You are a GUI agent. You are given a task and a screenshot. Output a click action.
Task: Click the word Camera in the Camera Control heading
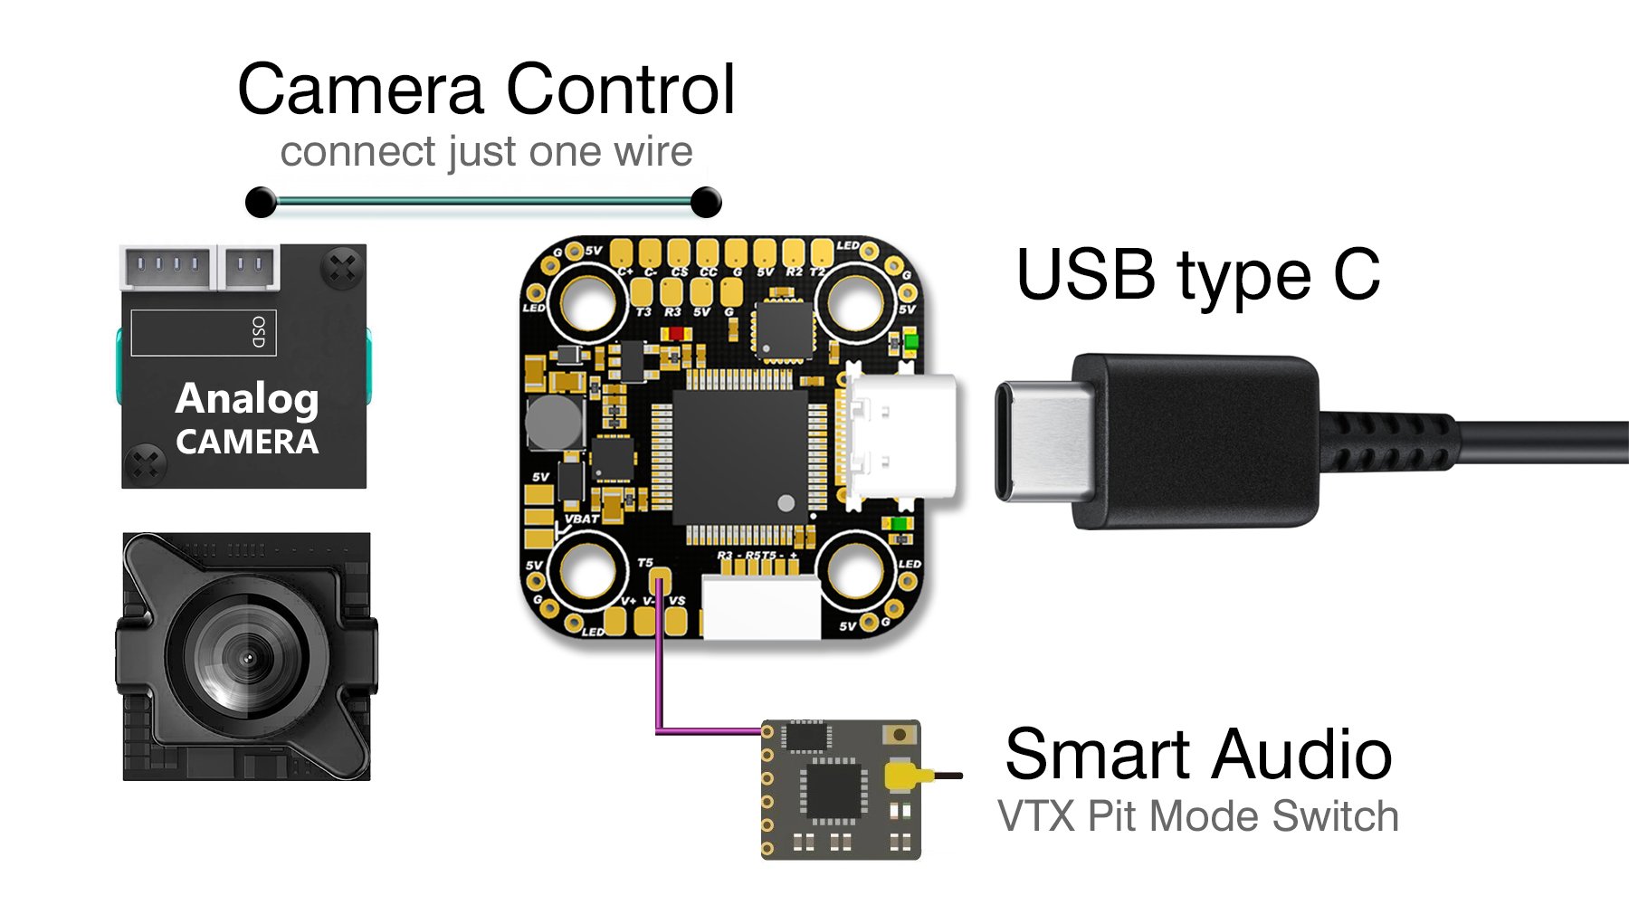[x=361, y=90]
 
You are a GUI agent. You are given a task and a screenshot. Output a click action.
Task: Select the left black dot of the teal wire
[x=262, y=202]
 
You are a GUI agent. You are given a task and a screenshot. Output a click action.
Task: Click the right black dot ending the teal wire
[x=705, y=202]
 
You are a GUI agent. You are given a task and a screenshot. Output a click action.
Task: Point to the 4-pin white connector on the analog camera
[x=168, y=267]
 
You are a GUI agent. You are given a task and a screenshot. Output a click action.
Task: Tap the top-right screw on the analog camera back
[x=343, y=267]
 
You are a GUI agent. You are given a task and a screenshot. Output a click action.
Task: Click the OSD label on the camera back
[x=259, y=332]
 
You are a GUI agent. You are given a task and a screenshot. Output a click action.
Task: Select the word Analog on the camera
[x=247, y=398]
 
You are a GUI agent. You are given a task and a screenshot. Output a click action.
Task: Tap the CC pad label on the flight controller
[x=709, y=271]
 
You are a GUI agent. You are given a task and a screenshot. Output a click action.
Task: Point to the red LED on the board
[x=676, y=334]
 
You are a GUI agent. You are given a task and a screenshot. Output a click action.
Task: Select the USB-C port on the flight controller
[x=900, y=437]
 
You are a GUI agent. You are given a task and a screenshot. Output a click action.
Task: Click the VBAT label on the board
[x=581, y=519]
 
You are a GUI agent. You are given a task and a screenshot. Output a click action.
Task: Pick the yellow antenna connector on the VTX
[x=901, y=776]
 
